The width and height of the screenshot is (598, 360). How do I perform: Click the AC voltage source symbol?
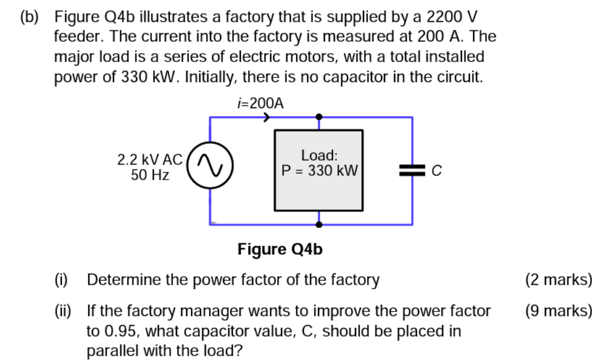210,167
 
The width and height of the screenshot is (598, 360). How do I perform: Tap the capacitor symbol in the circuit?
412,170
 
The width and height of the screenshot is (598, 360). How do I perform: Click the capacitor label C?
436,171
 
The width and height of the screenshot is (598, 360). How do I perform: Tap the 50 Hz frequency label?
150,175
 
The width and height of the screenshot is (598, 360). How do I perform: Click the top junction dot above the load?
318,117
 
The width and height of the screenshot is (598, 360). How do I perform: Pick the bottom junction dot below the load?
318,224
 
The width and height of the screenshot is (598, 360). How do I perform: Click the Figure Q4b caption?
280,250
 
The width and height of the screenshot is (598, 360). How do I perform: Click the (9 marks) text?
558,311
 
